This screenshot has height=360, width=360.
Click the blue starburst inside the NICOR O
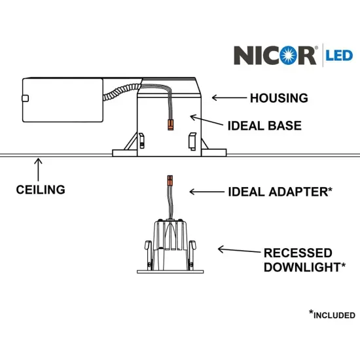305,54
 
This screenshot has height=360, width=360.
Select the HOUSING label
279,99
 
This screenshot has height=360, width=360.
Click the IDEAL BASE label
264,125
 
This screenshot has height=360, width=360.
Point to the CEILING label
41,190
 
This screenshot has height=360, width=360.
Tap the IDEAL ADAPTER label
280,192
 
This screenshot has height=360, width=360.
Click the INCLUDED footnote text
334,315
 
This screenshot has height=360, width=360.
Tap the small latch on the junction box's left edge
25,99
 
